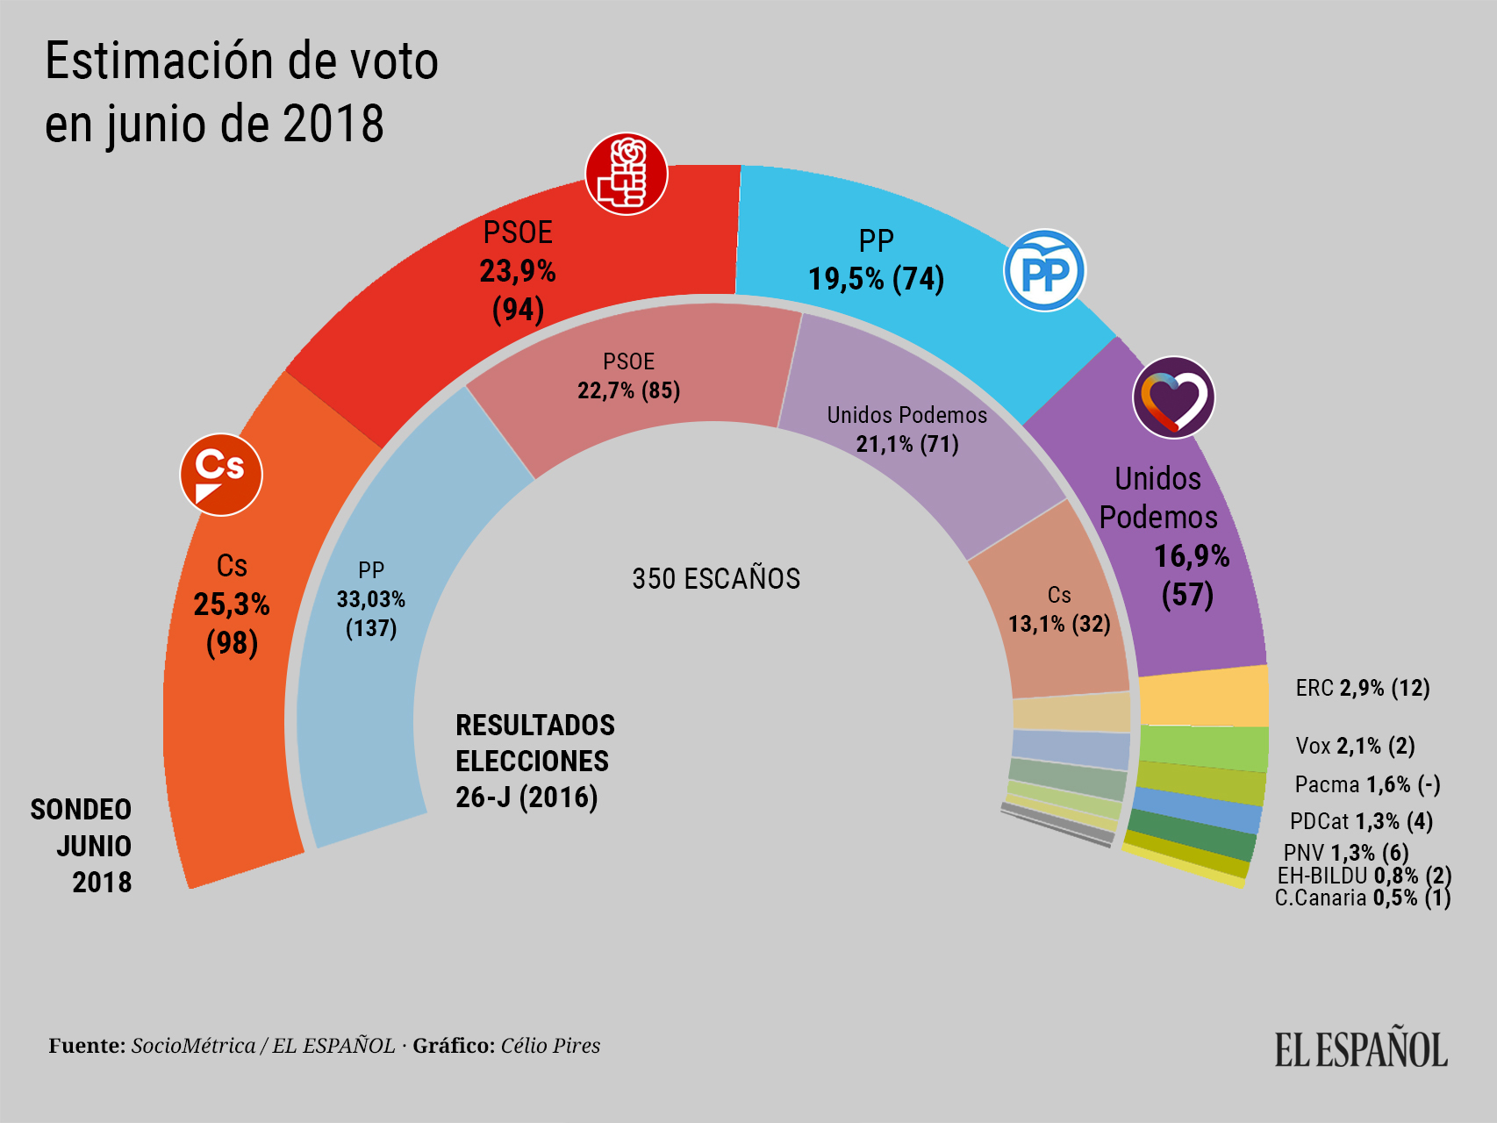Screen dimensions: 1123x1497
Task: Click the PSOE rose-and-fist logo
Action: pyautogui.click(x=626, y=174)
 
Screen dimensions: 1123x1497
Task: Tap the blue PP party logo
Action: pyautogui.click(x=1044, y=270)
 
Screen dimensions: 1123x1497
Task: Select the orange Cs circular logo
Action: pyautogui.click(x=221, y=475)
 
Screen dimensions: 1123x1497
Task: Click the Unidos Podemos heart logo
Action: pyautogui.click(x=1173, y=397)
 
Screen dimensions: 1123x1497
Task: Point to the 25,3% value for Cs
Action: pyautogui.click(x=232, y=604)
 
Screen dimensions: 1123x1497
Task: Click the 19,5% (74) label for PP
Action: pyautogui.click(x=876, y=279)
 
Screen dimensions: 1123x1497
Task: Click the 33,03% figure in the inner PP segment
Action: pyautogui.click(x=371, y=599)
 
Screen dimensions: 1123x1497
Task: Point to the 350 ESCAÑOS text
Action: pyautogui.click(x=716, y=579)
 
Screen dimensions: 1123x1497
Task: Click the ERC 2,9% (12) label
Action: pyautogui.click(x=1363, y=688)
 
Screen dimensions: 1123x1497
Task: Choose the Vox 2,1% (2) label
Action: pyautogui.click(x=1355, y=746)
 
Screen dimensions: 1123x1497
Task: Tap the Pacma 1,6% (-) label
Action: pyautogui.click(x=1367, y=784)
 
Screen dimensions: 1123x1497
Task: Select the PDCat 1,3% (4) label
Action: pyautogui.click(x=1361, y=821)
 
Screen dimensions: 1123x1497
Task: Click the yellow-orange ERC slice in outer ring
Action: pyautogui.click(x=1204, y=697)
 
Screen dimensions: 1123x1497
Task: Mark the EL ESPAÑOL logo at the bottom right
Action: pyautogui.click(x=1361, y=1049)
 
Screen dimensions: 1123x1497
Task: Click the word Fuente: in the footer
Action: pyautogui.click(x=87, y=1046)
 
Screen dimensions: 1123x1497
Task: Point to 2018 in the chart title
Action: pyautogui.click(x=333, y=124)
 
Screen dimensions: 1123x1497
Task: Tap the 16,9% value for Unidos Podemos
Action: pyautogui.click(x=1191, y=556)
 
